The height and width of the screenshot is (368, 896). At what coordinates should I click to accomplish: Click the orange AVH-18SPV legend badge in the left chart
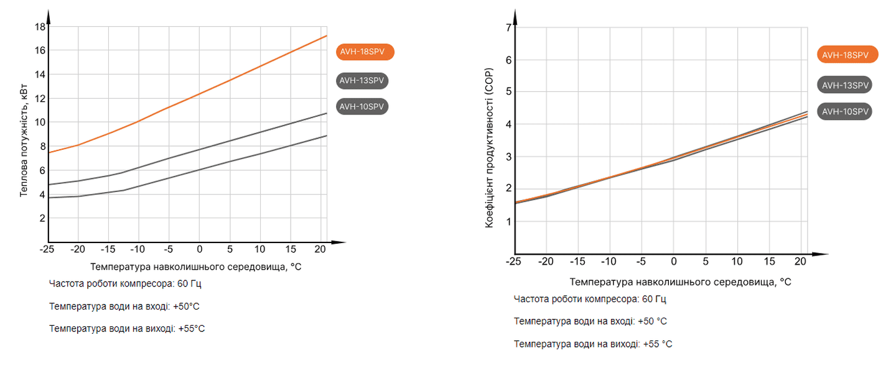coord(365,52)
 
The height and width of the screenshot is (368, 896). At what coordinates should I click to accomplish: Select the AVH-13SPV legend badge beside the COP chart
coord(844,85)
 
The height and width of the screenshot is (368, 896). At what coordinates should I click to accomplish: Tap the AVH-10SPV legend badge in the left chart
coord(362,106)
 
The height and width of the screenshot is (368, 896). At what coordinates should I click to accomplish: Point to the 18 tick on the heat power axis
coord(40,27)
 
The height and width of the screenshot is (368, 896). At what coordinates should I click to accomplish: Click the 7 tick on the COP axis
coord(508,27)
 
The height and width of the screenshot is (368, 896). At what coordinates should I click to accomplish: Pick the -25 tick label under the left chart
coord(46,249)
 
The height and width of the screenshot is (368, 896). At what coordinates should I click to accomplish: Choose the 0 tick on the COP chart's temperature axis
coord(673,262)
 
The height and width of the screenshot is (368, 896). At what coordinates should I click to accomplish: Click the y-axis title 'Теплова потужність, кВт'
coord(24,142)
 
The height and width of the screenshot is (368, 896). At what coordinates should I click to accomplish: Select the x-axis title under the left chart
coord(195,267)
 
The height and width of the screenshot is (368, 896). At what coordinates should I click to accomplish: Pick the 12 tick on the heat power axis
coord(40,98)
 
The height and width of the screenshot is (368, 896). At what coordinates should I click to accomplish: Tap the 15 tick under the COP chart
coord(768,262)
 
